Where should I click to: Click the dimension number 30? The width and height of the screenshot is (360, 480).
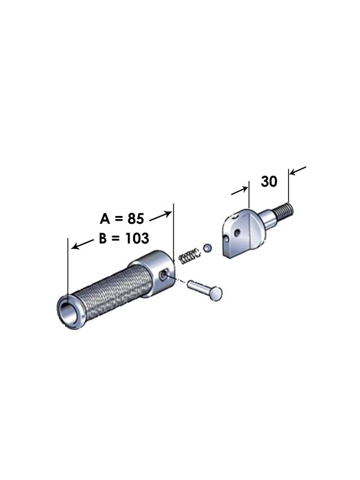[269, 181]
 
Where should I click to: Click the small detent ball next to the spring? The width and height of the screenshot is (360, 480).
[207, 247]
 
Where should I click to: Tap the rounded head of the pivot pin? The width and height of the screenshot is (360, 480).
[216, 293]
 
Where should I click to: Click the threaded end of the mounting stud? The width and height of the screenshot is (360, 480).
[286, 212]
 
